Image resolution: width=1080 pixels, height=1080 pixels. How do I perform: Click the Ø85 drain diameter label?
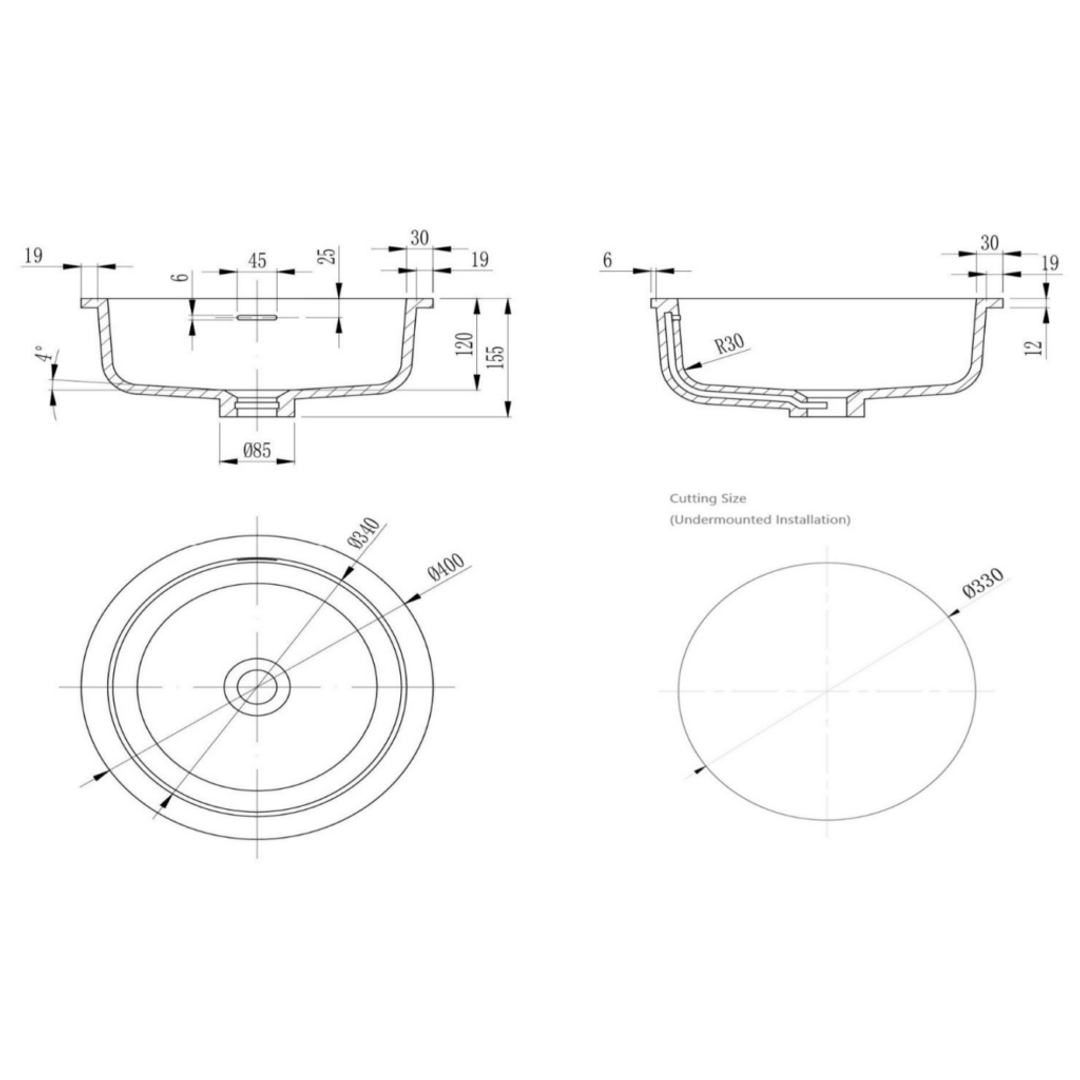click(257, 450)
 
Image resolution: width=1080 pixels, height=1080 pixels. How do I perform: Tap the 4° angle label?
click(43, 354)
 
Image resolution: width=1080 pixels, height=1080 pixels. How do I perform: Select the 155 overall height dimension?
click(497, 356)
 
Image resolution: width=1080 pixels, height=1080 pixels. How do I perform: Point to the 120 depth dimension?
click(466, 344)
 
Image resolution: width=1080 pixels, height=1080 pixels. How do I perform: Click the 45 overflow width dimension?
click(257, 260)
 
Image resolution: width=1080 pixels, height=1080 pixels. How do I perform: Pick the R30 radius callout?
click(729, 342)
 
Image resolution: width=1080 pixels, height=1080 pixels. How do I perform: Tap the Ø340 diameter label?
click(364, 532)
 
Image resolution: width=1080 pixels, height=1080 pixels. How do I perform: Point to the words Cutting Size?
click(707, 498)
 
